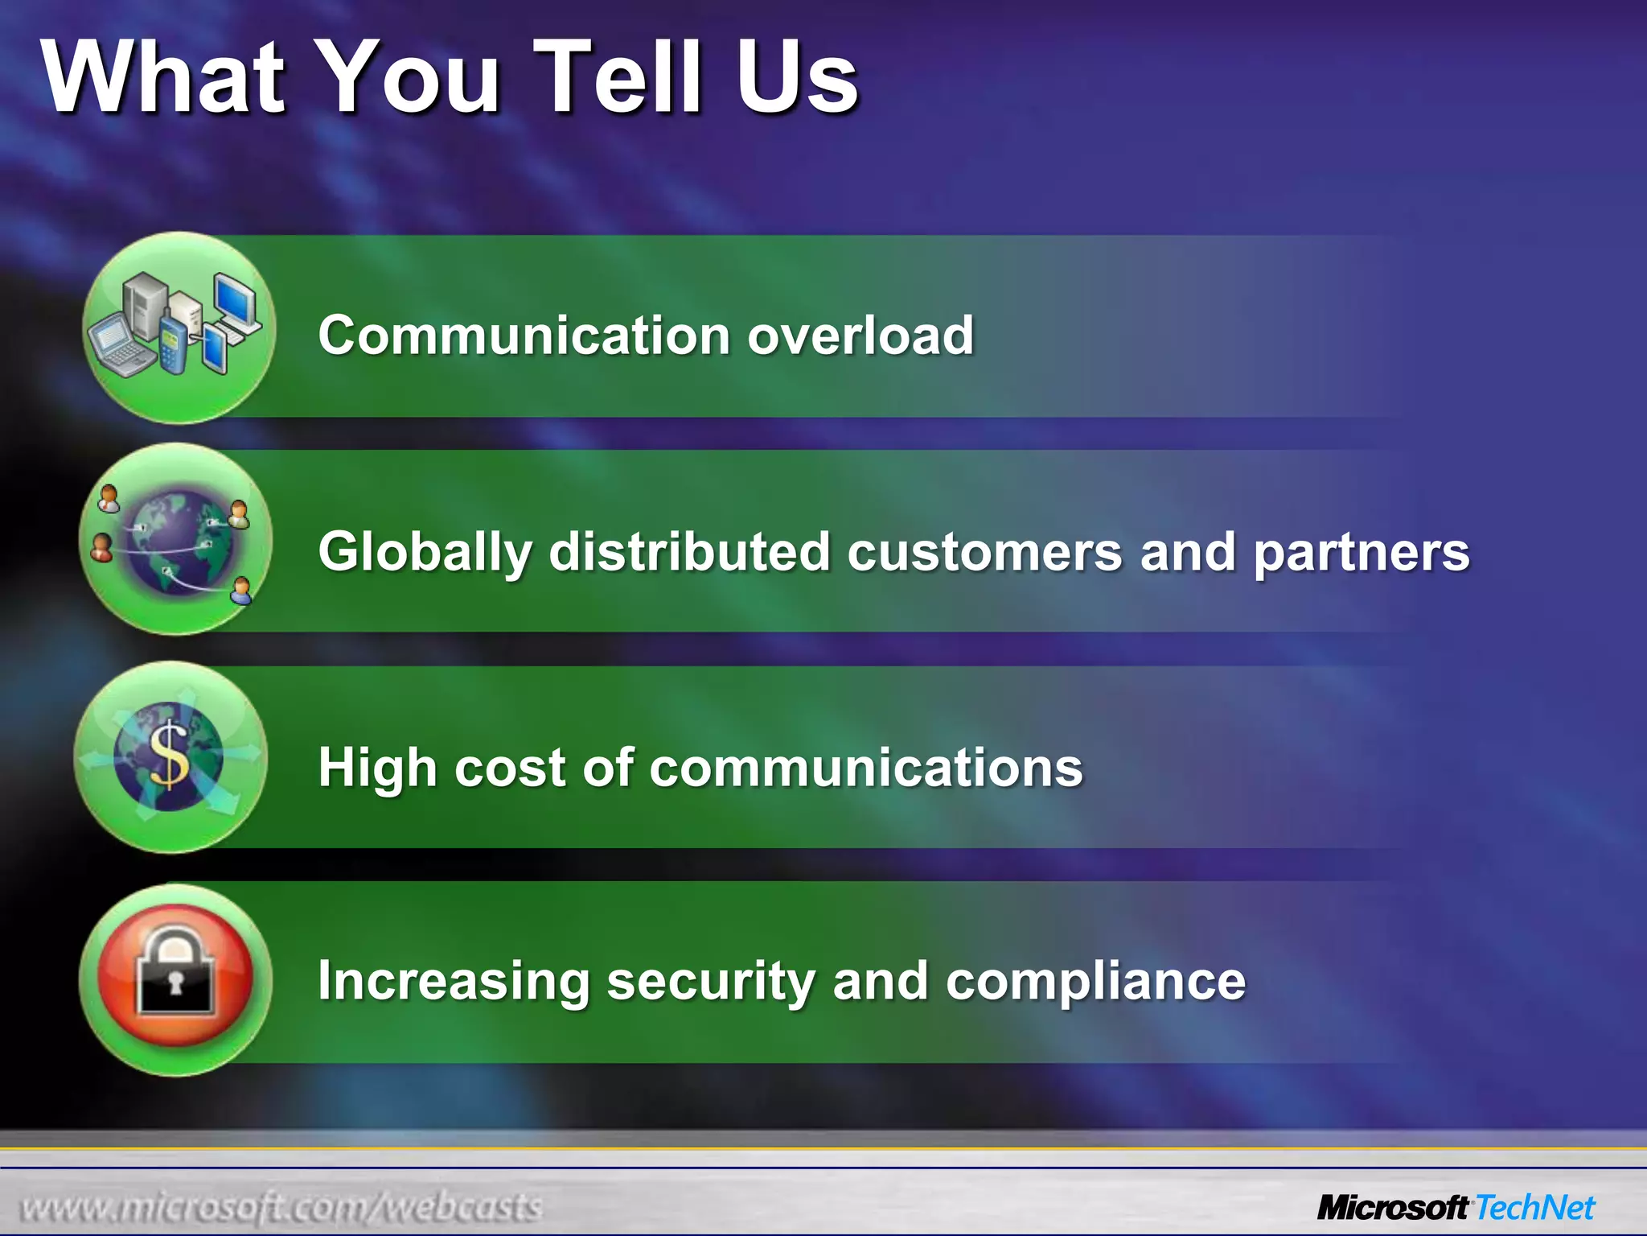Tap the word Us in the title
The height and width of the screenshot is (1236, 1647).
click(x=796, y=78)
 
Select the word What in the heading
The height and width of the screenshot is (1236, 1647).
click(x=164, y=78)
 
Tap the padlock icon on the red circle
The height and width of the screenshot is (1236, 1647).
click(x=176, y=976)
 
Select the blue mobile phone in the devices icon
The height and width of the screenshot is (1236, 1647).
click(x=171, y=345)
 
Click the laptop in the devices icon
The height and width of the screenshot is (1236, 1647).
click(x=117, y=344)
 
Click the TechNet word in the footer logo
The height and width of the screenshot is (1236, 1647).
click(x=1534, y=1208)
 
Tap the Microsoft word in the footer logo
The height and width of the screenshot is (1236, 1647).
click(x=1392, y=1208)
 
